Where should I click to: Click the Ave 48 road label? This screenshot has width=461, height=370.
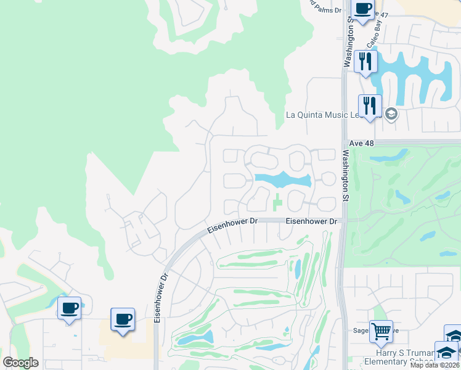click(361, 142)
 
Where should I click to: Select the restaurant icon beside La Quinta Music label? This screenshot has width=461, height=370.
click(370, 105)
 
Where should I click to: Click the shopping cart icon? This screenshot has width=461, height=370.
click(381, 331)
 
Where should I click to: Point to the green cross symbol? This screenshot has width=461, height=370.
click(277, 201)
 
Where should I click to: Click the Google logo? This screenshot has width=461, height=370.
click(20, 363)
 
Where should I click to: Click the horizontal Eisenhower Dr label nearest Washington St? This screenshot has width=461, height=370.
click(312, 221)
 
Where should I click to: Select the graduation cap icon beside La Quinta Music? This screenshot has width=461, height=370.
click(390, 114)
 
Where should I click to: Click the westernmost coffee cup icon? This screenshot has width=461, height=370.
click(69, 308)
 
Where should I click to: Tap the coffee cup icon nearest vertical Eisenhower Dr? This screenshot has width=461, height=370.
click(123, 319)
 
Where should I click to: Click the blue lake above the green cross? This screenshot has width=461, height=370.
click(282, 180)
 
